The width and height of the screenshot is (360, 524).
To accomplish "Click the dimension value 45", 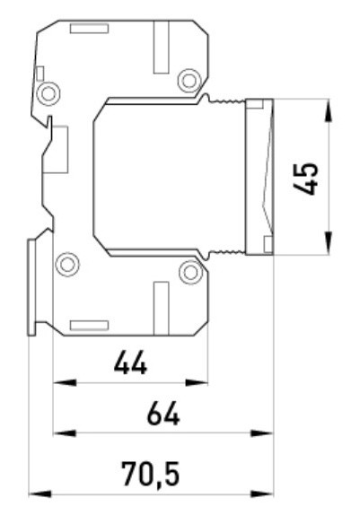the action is (305, 179).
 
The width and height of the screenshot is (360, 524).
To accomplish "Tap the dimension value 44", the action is (130, 362).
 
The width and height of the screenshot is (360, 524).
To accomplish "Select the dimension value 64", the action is (163, 414).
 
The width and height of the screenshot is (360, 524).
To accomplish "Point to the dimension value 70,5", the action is (151, 474).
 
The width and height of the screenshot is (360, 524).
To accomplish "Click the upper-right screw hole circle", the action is (189, 81).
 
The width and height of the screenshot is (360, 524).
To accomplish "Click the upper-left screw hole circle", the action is (48, 94).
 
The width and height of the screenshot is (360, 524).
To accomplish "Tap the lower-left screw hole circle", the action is (67, 265).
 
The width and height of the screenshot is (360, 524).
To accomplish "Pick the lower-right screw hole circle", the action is (191, 273).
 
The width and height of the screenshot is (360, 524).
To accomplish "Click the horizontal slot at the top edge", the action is (89, 29).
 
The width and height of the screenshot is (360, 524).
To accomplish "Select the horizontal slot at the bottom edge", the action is (89, 325).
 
